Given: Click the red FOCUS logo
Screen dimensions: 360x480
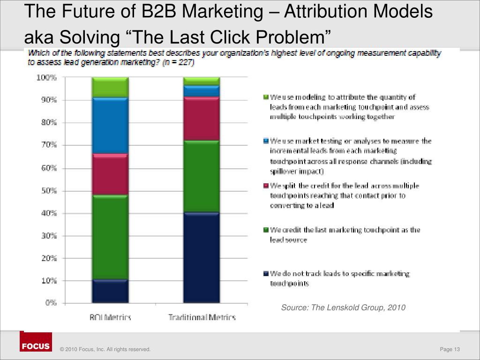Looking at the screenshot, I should pos(36,346).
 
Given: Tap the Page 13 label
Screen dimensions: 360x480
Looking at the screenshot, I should pos(450,349).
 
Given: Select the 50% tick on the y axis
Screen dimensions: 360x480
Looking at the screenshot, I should pos(47,191).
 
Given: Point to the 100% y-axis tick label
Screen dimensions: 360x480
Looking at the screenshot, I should pos(46,78).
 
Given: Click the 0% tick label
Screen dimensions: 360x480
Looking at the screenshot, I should pos(50,303).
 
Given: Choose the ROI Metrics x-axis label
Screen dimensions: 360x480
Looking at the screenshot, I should pos(110,317).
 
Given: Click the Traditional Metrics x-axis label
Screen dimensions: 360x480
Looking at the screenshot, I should pos(202,317).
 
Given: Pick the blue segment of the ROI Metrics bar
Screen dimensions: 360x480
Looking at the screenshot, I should pos(110,126).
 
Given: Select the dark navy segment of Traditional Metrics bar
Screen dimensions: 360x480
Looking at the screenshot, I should pos(202,258).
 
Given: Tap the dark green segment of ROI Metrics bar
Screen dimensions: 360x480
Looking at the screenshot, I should pos(110,237).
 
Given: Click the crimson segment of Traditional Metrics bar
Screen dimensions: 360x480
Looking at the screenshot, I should pos(202,119).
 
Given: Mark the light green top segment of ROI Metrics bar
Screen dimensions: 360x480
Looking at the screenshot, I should pos(110,87).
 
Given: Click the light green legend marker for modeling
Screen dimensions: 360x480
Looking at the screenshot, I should pos(265,97).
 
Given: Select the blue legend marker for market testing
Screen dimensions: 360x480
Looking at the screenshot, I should pos(265,141).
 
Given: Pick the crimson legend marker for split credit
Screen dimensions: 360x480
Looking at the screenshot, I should pos(265,186).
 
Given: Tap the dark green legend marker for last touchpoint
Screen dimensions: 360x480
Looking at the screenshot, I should pos(265,230).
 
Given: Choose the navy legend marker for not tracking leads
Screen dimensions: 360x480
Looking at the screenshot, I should pos(265,273).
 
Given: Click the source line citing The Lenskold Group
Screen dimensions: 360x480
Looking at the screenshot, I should pos(343,307).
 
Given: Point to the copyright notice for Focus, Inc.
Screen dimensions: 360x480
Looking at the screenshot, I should pos(105,349).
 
